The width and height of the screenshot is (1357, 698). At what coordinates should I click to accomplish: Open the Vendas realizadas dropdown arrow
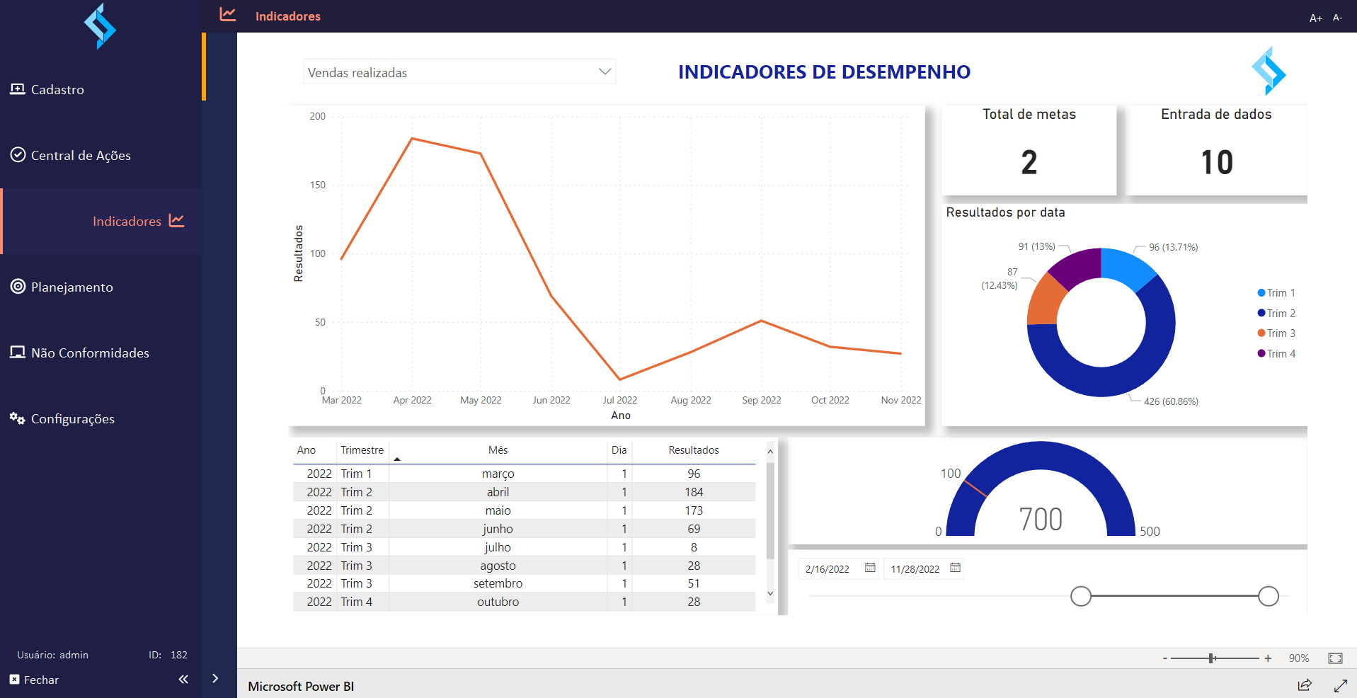(605, 71)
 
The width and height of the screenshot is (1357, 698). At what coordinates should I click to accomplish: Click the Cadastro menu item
(47, 89)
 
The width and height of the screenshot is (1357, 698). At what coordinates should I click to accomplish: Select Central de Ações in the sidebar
(71, 155)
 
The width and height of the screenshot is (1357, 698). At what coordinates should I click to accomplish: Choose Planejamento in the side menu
(62, 287)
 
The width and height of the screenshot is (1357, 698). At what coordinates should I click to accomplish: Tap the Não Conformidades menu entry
(79, 353)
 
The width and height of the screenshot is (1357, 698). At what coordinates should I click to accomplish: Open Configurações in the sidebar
(62, 418)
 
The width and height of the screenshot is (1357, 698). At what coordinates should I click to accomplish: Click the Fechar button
(34, 680)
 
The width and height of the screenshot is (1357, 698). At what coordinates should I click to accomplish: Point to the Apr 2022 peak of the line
(412, 139)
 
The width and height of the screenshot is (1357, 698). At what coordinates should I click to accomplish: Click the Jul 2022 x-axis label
(620, 400)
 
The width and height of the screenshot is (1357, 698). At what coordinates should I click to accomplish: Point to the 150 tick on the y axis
(318, 185)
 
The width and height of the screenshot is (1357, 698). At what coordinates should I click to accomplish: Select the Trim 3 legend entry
(1276, 333)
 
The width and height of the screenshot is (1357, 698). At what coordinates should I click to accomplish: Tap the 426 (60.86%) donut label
(1171, 401)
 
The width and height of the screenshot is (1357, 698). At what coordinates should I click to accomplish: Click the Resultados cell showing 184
(694, 492)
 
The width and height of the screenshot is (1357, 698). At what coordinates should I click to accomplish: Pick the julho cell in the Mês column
(498, 547)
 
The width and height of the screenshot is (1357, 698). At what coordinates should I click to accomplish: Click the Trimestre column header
(362, 450)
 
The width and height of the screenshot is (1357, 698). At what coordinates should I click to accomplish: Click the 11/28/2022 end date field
(923, 568)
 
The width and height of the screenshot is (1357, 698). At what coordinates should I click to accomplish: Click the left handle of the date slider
(1081, 596)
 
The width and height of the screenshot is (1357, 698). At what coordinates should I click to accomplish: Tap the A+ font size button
(1315, 18)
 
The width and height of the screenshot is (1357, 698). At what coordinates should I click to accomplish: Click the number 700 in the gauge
(1041, 520)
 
